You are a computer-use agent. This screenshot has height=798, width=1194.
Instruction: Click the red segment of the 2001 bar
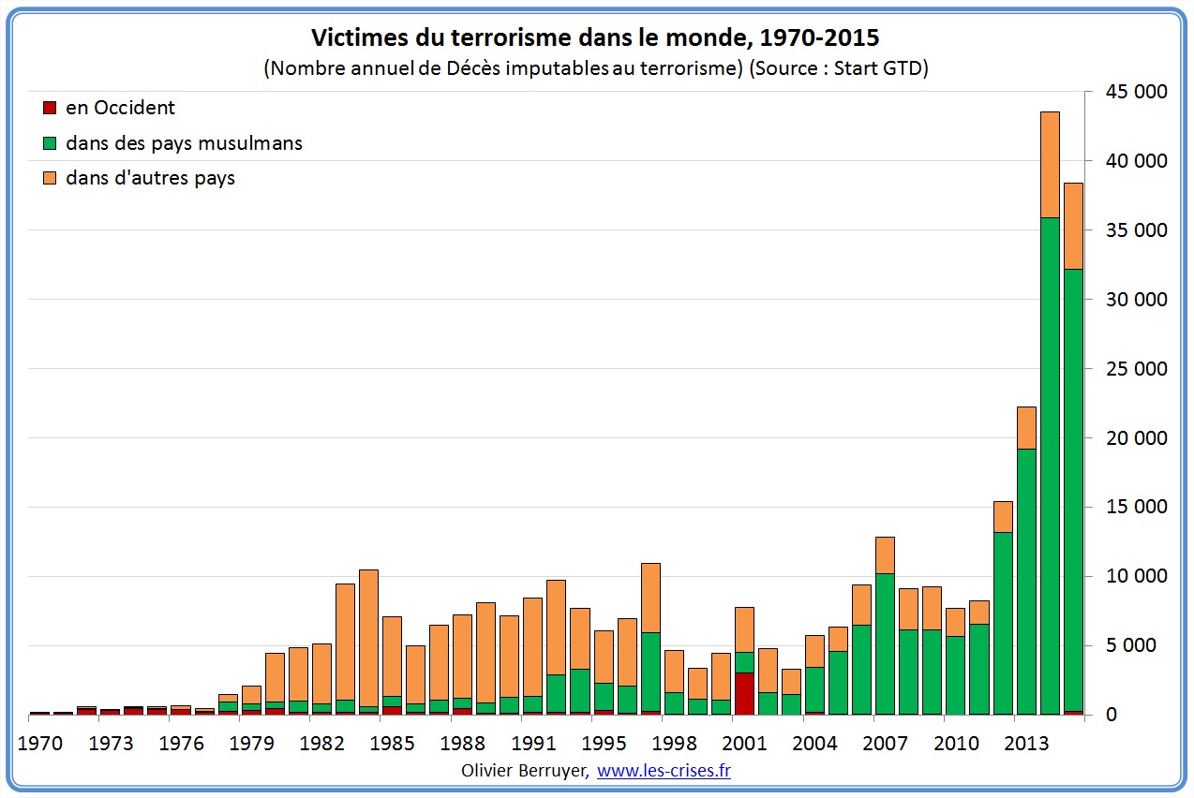pyautogui.click(x=743, y=693)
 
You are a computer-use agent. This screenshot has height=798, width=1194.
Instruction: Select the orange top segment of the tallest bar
pyautogui.click(x=1050, y=164)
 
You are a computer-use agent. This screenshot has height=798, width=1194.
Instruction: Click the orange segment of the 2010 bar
pyautogui.click(x=955, y=622)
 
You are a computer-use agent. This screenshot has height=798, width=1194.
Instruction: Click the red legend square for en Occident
pyautogui.click(x=51, y=109)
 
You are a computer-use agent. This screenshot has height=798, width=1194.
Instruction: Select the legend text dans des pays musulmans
pyautogui.click(x=184, y=143)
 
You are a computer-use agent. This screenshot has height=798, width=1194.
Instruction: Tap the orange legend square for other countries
pyautogui.click(x=51, y=178)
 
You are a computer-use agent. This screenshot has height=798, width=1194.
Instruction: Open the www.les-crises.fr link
pyautogui.click(x=664, y=771)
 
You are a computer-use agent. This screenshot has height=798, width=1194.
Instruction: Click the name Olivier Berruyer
pyautogui.click(x=525, y=771)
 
